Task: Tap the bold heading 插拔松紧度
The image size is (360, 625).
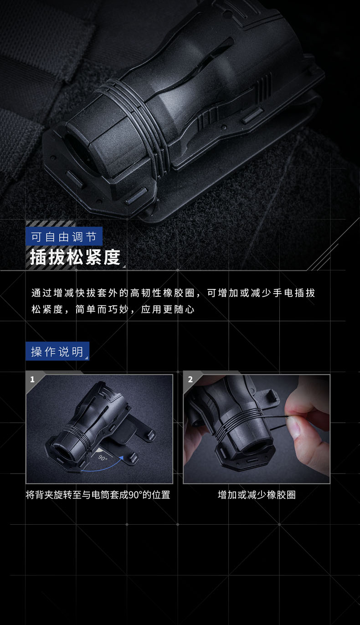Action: (75, 257)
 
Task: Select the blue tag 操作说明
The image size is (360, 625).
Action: (57, 351)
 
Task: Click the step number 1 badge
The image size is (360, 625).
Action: (32, 379)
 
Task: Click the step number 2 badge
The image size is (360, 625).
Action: (190, 379)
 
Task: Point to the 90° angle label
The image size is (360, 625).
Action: (103, 458)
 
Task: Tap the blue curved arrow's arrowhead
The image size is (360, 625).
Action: (121, 458)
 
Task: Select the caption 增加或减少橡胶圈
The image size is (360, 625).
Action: (257, 495)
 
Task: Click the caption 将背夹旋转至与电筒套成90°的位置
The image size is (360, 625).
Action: (98, 495)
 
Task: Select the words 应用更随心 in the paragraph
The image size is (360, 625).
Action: (168, 310)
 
